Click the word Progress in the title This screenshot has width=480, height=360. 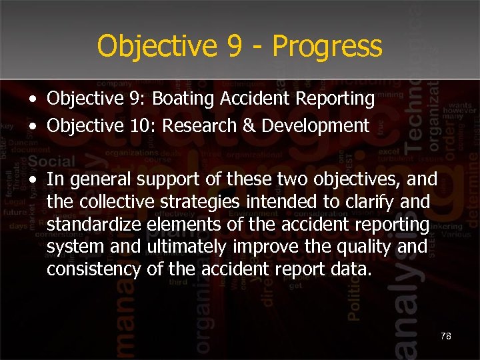[327, 47]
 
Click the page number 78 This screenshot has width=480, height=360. [446, 336]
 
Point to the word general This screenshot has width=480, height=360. [97, 179]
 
